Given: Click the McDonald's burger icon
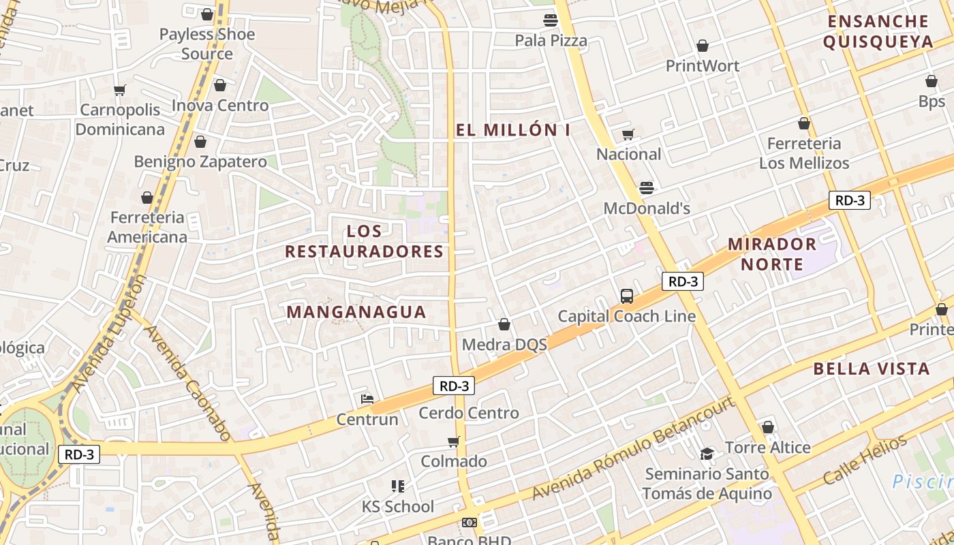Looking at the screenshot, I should pos(646,187).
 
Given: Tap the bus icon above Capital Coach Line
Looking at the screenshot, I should pos(627,296).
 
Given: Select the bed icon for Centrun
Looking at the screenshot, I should pos(367,399).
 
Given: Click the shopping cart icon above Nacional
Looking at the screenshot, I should pos(628,134).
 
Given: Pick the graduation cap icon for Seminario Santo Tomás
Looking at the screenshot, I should pos(707,454).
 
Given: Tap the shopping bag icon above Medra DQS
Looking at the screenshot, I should pos(504,324).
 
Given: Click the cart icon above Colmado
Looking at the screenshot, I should pos(454,441).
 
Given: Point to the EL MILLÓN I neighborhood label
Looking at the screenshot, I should pos(512,130).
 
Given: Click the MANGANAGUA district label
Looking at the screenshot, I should pos(356,312).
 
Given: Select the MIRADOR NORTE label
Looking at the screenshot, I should pos(772,253).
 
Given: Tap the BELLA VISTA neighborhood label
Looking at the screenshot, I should pos(872,369).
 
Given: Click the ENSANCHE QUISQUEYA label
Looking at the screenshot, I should pos(878,31).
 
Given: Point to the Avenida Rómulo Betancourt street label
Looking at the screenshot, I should pos(634,450).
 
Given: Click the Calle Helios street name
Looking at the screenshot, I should pos(865,460).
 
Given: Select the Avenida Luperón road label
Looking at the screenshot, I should pos(108,334).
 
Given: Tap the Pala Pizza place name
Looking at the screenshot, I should pos(551,40).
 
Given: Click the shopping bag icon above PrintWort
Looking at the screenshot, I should pos(702,46).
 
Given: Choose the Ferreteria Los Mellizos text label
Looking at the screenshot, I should pos(804,153).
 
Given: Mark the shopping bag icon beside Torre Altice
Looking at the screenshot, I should pos(768,427).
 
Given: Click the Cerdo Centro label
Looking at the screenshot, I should pos(469,413).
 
